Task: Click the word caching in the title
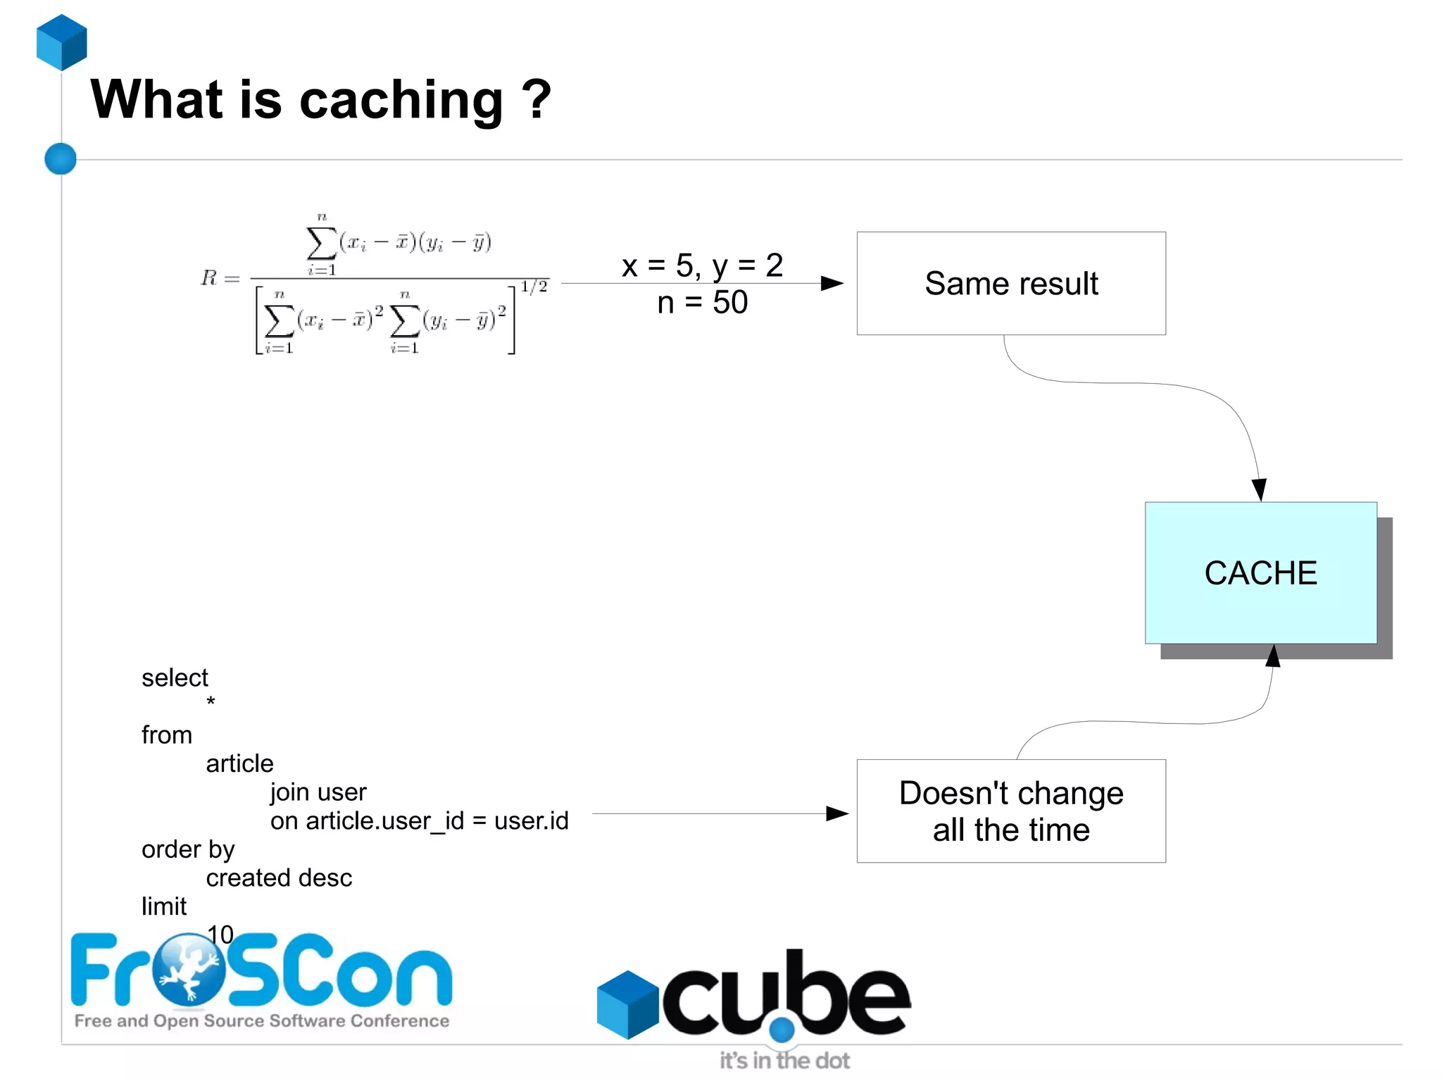401,101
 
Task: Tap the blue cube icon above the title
62,42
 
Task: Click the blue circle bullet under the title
61,158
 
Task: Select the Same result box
1010,283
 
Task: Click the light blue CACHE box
1260,573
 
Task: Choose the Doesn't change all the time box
1010,811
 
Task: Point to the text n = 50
702,303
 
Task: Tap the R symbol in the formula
209,278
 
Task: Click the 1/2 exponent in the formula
534,287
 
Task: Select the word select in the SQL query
175,677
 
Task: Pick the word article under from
239,763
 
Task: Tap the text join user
318,792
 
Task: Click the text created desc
279,878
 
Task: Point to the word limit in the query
164,906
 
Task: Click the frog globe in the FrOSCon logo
188,970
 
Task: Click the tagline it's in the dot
784,1061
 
